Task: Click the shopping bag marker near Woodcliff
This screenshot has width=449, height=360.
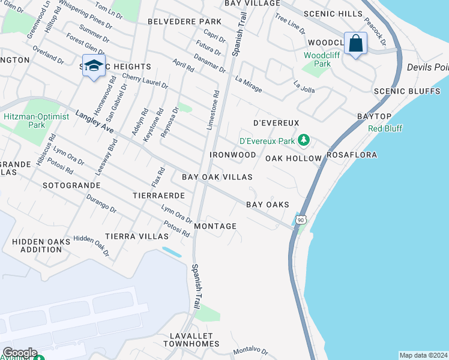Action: click(x=356, y=44)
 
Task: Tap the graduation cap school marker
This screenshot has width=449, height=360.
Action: click(x=93, y=65)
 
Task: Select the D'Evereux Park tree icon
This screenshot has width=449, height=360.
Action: click(x=304, y=140)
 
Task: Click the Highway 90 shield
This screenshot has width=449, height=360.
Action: click(x=301, y=220)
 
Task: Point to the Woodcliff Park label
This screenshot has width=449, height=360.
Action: click(x=318, y=59)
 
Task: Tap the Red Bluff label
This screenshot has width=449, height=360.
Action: click(x=385, y=128)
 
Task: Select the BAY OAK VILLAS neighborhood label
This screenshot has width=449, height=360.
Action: click(x=217, y=178)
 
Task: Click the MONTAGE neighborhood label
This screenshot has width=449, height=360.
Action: click(x=215, y=226)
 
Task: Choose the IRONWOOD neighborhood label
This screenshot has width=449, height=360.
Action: click(x=233, y=155)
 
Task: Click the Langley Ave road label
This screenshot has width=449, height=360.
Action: click(x=95, y=121)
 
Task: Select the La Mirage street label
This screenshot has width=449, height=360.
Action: click(x=249, y=83)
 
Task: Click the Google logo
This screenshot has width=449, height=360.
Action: click(x=19, y=353)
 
